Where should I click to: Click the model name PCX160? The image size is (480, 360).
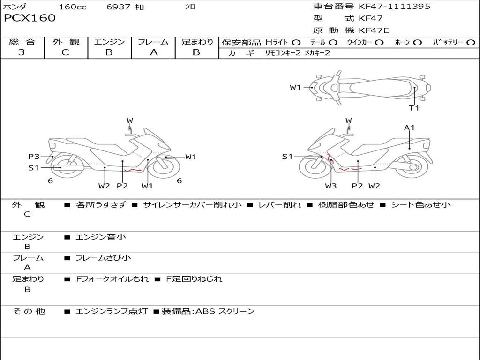click(x=30, y=18)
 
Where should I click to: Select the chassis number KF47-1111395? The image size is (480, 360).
click(x=394, y=6)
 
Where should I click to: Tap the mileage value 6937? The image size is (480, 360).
click(x=118, y=7)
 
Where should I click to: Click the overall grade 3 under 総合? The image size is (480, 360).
click(x=22, y=52)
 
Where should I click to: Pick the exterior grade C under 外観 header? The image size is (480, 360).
click(x=65, y=52)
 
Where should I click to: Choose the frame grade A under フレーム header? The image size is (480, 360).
click(x=154, y=52)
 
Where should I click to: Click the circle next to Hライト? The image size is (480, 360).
click(x=296, y=43)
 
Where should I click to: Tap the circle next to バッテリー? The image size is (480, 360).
click(x=471, y=43)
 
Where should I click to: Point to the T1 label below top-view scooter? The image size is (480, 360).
click(x=414, y=108)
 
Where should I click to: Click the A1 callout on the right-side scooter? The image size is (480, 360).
click(x=409, y=127)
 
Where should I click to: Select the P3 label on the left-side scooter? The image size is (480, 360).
click(x=34, y=157)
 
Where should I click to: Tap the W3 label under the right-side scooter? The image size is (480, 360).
click(x=330, y=186)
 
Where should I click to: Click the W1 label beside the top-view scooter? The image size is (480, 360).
click(x=295, y=88)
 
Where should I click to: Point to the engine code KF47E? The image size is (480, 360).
click(x=374, y=30)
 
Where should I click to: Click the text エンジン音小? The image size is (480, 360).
click(x=101, y=237)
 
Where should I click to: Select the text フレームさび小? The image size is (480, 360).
click(x=103, y=258)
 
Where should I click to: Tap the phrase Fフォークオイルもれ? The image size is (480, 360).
click(x=112, y=279)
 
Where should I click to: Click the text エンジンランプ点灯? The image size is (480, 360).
click(x=112, y=311)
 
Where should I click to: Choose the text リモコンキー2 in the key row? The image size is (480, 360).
click(x=283, y=53)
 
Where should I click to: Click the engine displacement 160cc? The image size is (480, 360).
click(x=73, y=7)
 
